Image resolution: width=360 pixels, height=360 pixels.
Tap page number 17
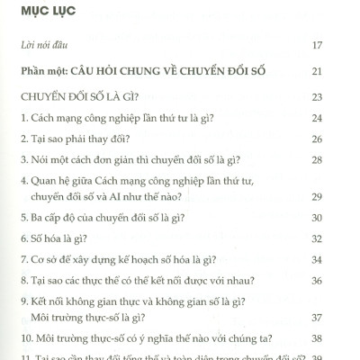click(x=342, y=43)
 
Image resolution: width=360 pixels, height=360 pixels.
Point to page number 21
click(x=342, y=70)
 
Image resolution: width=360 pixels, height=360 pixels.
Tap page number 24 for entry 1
click(x=342, y=118)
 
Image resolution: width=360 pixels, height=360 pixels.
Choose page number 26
click(x=342, y=139)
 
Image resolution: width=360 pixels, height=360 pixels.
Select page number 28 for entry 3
click(x=342, y=161)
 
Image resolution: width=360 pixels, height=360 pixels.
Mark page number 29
click(x=342, y=195)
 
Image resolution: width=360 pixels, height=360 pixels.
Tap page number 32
click(x=342, y=238)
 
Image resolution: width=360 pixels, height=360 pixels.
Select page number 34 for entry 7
click(x=342, y=260)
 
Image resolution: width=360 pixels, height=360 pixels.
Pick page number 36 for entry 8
click(x=342, y=282)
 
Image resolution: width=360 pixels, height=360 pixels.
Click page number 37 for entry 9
click(x=342, y=318)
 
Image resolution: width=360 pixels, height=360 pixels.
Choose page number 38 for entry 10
click(x=342, y=339)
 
